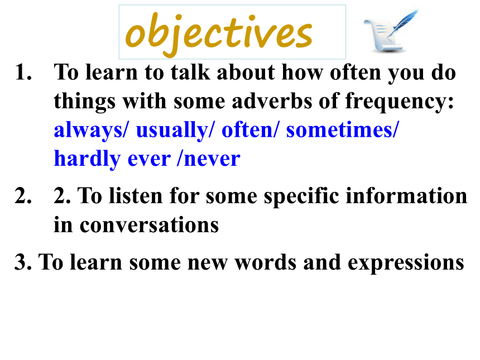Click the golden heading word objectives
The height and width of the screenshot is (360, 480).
pyautogui.click(x=219, y=33)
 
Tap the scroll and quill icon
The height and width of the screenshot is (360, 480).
pyautogui.click(x=391, y=31)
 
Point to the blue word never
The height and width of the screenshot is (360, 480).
pyautogui.click(x=212, y=159)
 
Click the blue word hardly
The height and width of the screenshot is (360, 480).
pyautogui.click(x=87, y=159)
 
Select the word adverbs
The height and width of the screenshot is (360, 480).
pyautogui.click(x=272, y=100)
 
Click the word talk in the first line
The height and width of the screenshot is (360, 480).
pyautogui.click(x=190, y=72)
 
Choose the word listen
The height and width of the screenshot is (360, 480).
pyautogui.click(x=136, y=195)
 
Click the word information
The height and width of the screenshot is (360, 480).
pyautogui.click(x=406, y=195)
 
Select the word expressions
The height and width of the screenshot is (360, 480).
pyautogui.click(x=406, y=263)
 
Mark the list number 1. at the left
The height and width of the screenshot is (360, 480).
pyautogui.click(x=23, y=73)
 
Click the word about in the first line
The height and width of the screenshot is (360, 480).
pyautogui.click(x=246, y=72)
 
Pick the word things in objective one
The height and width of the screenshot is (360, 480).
pyautogui.click(x=84, y=102)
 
